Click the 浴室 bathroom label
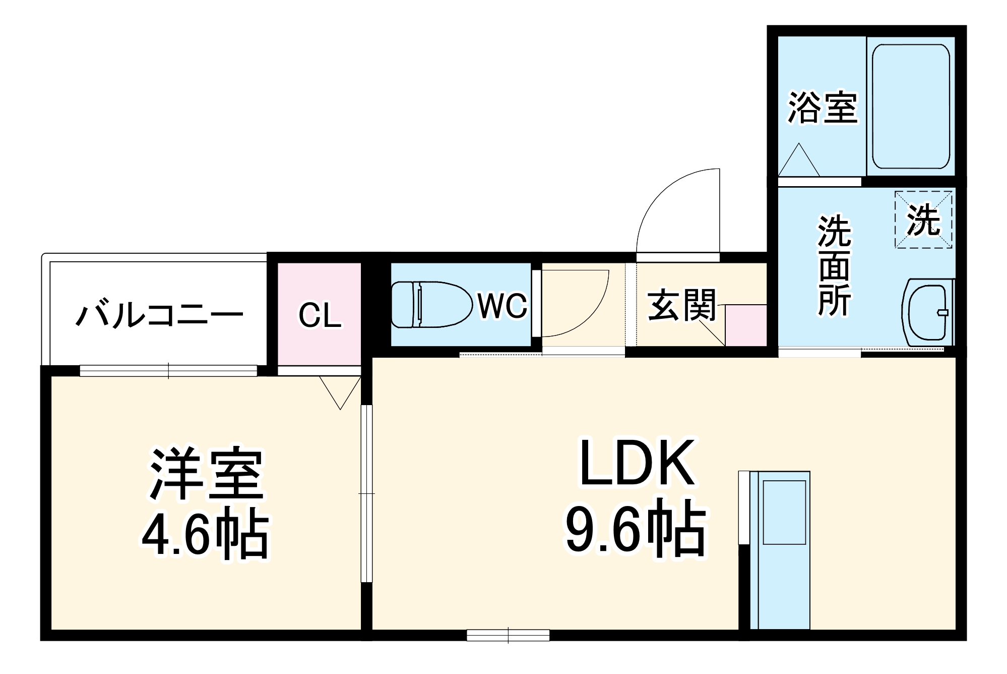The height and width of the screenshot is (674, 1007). click(823, 107)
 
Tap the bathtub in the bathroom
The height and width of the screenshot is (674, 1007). click(911, 106)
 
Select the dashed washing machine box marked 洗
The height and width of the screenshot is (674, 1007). click(923, 219)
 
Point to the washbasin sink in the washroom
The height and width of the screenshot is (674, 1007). click(926, 313)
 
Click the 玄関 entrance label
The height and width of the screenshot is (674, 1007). click(681, 305)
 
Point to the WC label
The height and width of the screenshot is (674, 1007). click(502, 305)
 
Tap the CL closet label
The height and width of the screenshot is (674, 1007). click(320, 316)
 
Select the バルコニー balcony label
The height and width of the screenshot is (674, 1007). click(159, 314)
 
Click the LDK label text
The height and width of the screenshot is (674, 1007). click(637, 463)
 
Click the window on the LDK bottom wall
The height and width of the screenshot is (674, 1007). click(508, 634)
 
